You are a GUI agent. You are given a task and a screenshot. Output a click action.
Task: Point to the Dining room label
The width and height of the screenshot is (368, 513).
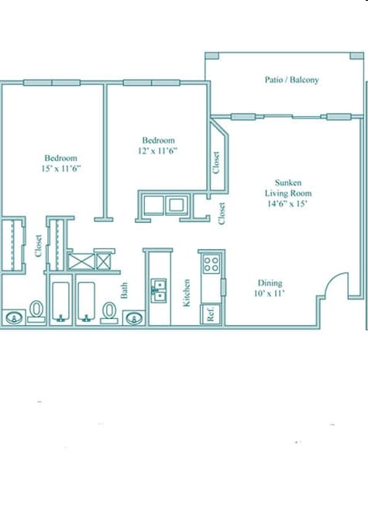pyautogui.click(x=270, y=282)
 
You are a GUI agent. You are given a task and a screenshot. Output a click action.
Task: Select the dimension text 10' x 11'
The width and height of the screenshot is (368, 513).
pyautogui.click(x=270, y=294)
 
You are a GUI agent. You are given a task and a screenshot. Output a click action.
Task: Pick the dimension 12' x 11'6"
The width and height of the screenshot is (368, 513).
pyautogui.click(x=158, y=151)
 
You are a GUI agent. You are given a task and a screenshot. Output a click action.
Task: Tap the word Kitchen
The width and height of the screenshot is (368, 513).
pyautogui.click(x=187, y=292)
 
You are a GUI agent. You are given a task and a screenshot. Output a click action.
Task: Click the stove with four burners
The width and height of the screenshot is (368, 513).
pyautogui.click(x=211, y=264)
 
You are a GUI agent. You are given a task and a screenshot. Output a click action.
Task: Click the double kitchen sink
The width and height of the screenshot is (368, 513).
pyautogui.click(x=160, y=289)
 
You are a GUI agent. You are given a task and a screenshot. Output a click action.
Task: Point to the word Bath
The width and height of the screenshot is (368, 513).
pyautogui.click(x=124, y=291)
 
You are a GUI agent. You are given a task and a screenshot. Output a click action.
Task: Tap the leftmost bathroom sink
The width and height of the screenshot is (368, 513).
pyautogui.click(x=14, y=317)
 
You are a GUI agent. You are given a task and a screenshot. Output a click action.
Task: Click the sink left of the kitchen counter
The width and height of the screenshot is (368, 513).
pyautogui.click(x=135, y=316)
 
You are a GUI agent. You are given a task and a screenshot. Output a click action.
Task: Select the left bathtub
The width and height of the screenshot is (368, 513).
pyautogui.click(x=61, y=303)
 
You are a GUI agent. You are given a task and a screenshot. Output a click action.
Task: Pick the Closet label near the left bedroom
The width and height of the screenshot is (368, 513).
pyautogui.click(x=38, y=245)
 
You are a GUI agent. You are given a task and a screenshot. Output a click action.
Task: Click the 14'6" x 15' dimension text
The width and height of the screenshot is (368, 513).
pyautogui.click(x=287, y=204)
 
